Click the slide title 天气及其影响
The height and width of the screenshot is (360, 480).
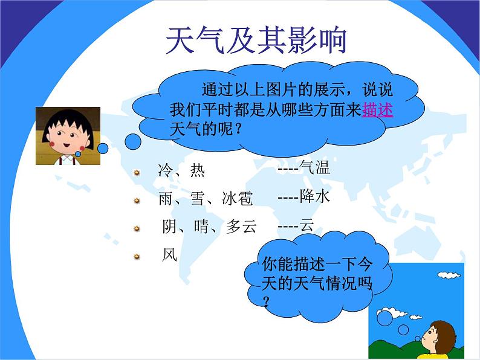(x=256, y=40)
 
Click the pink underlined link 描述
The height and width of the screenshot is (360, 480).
(x=377, y=109)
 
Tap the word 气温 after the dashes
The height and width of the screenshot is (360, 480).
(x=315, y=167)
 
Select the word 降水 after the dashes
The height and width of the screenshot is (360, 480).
(x=315, y=196)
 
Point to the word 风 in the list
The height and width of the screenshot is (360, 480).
(x=170, y=255)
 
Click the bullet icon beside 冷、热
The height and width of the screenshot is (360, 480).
(x=137, y=173)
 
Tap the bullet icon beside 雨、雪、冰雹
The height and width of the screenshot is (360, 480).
(x=137, y=201)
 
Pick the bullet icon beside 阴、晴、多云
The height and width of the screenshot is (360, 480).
(x=137, y=229)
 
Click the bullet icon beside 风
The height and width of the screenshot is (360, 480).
(x=137, y=257)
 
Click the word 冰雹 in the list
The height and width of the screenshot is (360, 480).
(x=237, y=198)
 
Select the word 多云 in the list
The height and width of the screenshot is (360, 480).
(x=241, y=227)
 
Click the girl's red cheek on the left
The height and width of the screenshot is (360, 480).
(x=52, y=143)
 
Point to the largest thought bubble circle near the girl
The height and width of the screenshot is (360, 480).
(x=133, y=141)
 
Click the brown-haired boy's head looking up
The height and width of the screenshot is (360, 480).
(x=440, y=336)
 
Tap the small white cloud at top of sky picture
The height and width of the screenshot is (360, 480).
(x=449, y=275)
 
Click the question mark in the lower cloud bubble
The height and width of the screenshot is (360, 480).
(x=267, y=301)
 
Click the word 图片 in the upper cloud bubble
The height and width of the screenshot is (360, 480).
(x=282, y=89)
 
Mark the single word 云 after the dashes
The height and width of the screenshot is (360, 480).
(x=307, y=225)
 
